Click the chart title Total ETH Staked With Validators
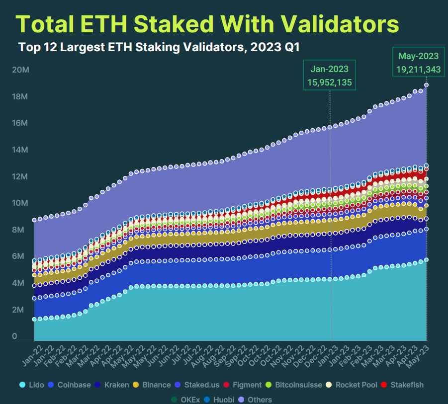pos(207,24)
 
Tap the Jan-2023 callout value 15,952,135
pos(329,82)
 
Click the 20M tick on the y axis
pos(20,70)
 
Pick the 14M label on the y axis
pos(20,150)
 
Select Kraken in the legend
pos(114,385)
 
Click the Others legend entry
pos(256,400)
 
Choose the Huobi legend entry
pos(220,400)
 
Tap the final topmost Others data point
pos(427,85)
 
